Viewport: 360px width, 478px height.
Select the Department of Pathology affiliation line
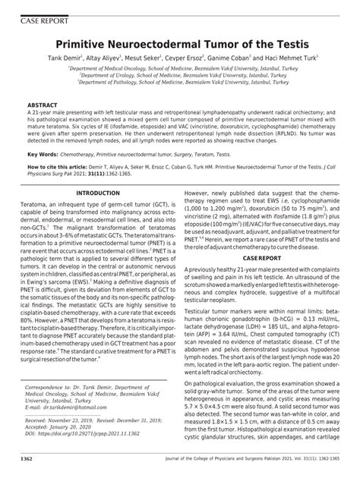coord(181,84)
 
